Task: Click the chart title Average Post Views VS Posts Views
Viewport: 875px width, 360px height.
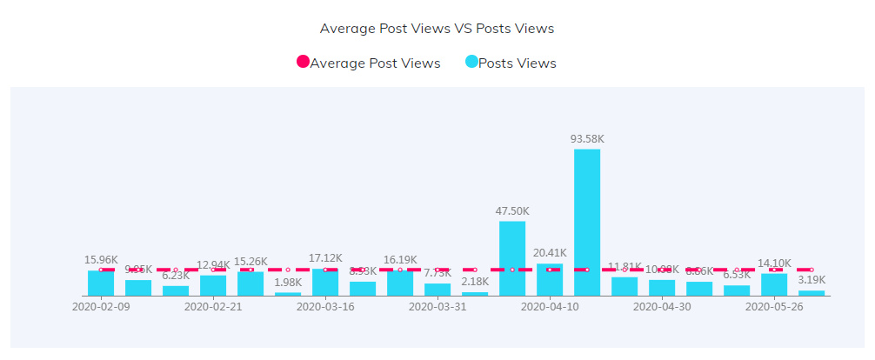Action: tap(437, 29)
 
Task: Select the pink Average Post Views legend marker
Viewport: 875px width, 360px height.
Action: tap(303, 63)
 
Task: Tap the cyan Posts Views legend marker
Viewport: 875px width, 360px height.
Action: tap(471, 63)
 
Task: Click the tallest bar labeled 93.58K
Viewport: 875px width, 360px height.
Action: tap(587, 223)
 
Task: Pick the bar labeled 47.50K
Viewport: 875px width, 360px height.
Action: tap(512, 258)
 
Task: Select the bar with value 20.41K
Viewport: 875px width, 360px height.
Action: tap(550, 279)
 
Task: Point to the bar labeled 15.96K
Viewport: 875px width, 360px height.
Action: tap(101, 283)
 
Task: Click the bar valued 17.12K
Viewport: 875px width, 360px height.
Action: tap(325, 283)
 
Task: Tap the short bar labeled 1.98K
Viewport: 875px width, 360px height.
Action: tap(288, 294)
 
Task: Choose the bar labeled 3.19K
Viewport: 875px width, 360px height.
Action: tap(812, 293)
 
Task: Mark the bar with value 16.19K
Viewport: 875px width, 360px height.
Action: tap(400, 283)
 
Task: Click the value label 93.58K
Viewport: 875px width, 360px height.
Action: tap(587, 139)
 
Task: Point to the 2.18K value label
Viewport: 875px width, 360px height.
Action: tap(475, 282)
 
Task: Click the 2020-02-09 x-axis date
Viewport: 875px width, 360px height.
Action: tap(101, 307)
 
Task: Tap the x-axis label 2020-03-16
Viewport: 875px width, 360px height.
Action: tap(325, 307)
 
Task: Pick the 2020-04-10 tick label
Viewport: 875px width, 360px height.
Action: tap(550, 307)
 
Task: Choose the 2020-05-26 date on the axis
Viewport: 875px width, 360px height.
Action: tap(774, 307)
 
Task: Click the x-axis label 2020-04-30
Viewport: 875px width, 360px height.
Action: tap(662, 307)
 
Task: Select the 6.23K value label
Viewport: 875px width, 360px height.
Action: tap(176, 276)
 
